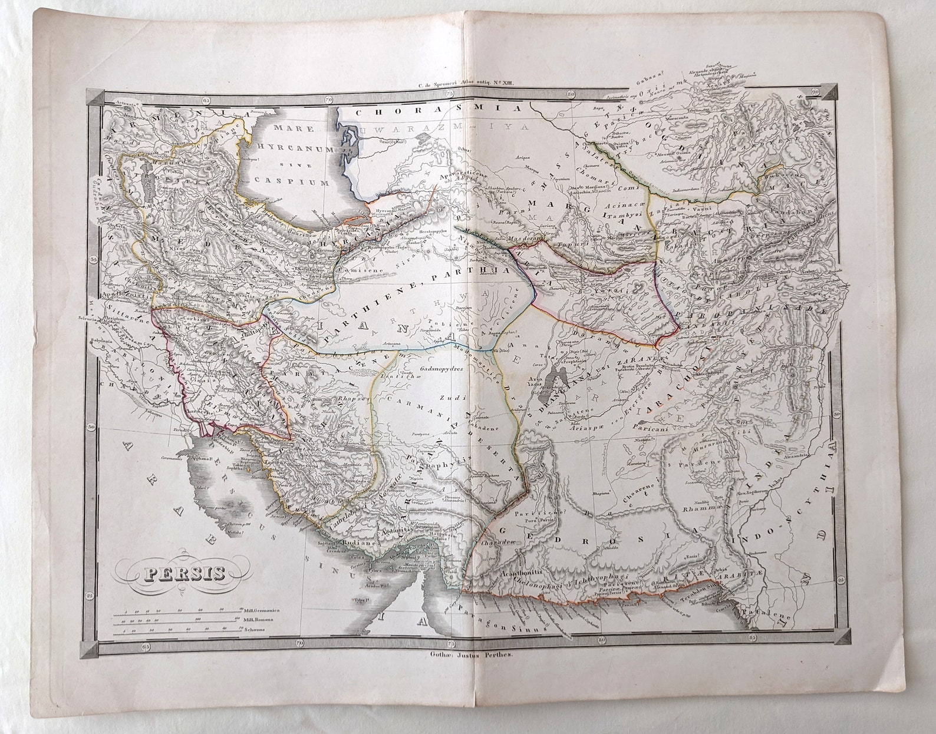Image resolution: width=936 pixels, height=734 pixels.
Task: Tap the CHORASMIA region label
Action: point(439,109)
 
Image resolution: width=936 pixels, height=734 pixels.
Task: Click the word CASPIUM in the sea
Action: point(291,183)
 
